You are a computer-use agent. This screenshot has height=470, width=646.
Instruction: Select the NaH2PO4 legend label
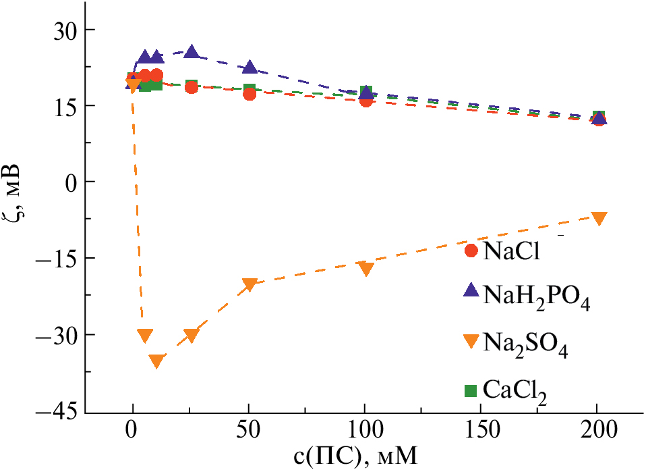tap(537, 297)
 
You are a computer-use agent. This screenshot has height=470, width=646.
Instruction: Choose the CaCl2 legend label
tap(514, 391)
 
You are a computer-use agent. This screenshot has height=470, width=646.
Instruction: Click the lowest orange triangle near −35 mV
tap(156, 361)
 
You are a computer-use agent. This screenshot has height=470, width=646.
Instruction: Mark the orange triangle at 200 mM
tap(598, 218)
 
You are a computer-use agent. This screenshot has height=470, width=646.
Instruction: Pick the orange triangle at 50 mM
tap(249, 284)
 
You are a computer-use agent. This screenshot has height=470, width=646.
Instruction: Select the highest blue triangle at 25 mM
tap(192, 51)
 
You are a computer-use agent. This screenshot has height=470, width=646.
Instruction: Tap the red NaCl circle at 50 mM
tap(249, 94)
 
